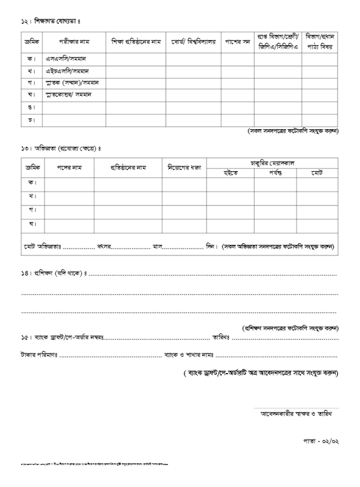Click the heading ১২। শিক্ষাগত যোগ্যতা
point(50,21)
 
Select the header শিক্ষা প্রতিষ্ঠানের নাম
point(135,42)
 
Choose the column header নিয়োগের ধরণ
point(184,166)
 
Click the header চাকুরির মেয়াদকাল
point(273,162)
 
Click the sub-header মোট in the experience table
point(316,173)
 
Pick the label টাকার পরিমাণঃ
point(39,354)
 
